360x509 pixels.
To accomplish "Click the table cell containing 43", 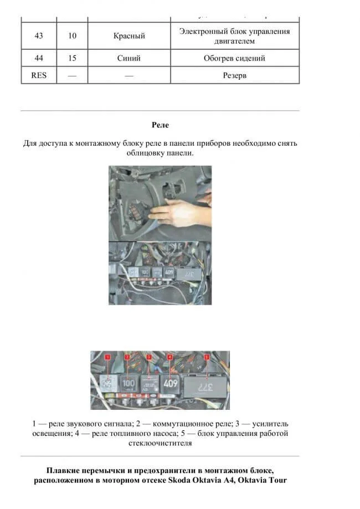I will coord(39,36).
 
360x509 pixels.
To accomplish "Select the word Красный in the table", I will coord(129,36).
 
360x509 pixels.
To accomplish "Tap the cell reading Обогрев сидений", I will coord(234,58).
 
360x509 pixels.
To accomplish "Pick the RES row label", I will coord(39,75).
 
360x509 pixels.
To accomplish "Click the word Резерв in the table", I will coord(234,75).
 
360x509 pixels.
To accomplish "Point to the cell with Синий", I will coord(129,58).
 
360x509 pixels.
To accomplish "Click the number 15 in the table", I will coord(73,58).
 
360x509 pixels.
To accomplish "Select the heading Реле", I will coord(160,125).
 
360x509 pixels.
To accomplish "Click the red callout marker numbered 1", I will coord(109,357).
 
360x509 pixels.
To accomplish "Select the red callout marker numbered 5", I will coord(207,357).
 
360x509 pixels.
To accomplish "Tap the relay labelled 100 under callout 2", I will coord(128,383).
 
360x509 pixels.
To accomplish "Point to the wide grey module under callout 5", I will coord(205,385).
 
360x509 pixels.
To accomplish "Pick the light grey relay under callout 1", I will coord(109,383).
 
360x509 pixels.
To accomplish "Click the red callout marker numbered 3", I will coord(148,357).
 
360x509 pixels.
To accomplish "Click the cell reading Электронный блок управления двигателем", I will coord(234,36).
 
